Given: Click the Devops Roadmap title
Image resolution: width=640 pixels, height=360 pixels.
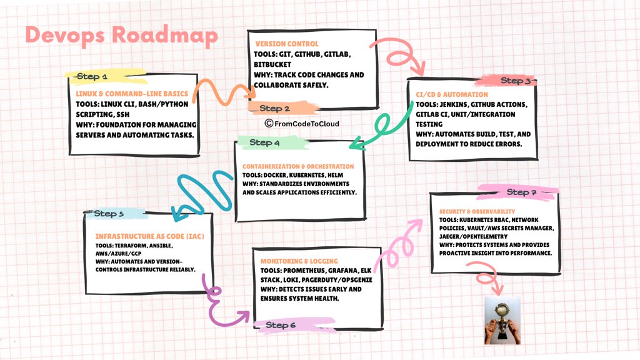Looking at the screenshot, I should [x=121, y=35].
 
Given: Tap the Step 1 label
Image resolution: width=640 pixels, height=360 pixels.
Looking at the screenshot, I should [x=92, y=77].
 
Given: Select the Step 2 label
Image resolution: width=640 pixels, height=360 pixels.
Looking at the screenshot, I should [x=274, y=109].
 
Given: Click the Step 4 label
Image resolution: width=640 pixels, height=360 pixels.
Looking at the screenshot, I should [x=264, y=142].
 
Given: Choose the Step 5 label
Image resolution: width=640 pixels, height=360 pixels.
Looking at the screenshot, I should [x=109, y=214].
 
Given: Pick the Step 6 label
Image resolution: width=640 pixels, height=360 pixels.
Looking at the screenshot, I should [x=281, y=325].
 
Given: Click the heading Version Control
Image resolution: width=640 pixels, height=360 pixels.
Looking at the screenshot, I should [x=287, y=44].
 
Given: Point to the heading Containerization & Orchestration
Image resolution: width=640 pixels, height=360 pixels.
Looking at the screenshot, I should [x=298, y=166].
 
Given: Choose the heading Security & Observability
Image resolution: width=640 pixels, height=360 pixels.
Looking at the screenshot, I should [x=477, y=211].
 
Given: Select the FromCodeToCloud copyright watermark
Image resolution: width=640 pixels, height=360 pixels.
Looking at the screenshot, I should [x=302, y=124].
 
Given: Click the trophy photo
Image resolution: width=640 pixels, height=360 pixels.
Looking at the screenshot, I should [x=502, y=321].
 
